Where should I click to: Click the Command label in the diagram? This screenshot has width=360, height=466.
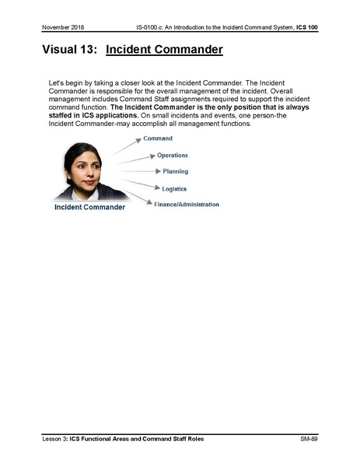[x=158, y=139]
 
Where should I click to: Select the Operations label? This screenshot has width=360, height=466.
[x=172, y=156]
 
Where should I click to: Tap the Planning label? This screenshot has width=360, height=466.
[x=175, y=171]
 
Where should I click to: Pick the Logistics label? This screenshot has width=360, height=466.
[x=174, y=188]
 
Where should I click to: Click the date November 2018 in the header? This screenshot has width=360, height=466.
[x=64, y=28]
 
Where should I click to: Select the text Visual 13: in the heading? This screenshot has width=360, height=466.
[x=68, y=51]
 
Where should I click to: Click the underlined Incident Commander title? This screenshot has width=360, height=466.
[x=164, y=51]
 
